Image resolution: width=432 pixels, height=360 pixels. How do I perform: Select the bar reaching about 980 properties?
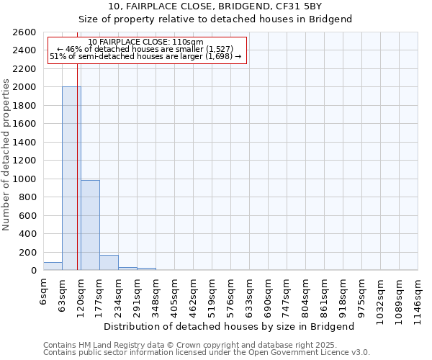pyautogui.click(x=90, y=225)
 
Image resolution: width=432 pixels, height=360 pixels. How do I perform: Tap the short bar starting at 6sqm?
pyautogui.click(x=53, y=266)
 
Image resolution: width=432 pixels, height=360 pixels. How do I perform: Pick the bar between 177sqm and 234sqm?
pyautogui.click(x=109, y=263)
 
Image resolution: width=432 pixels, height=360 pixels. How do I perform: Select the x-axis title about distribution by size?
pyautogui.click(x=229, y=326)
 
